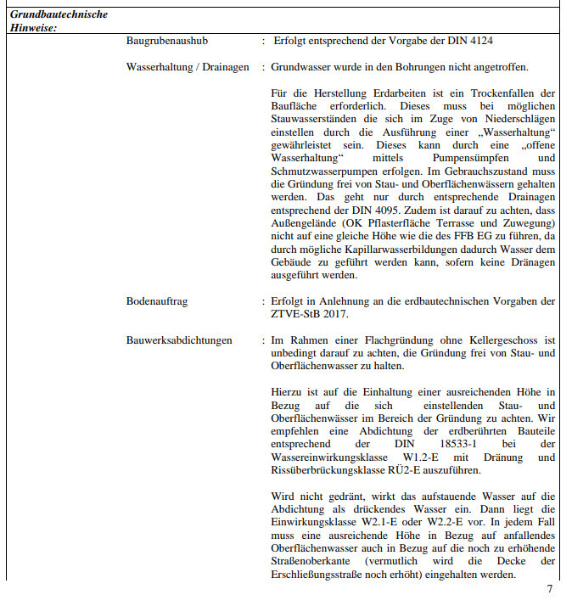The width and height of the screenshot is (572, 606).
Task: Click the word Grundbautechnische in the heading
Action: (59, 14)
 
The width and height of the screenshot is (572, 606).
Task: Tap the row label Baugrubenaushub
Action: (167, 41)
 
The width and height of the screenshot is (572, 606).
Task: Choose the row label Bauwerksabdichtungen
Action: (179, 340)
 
